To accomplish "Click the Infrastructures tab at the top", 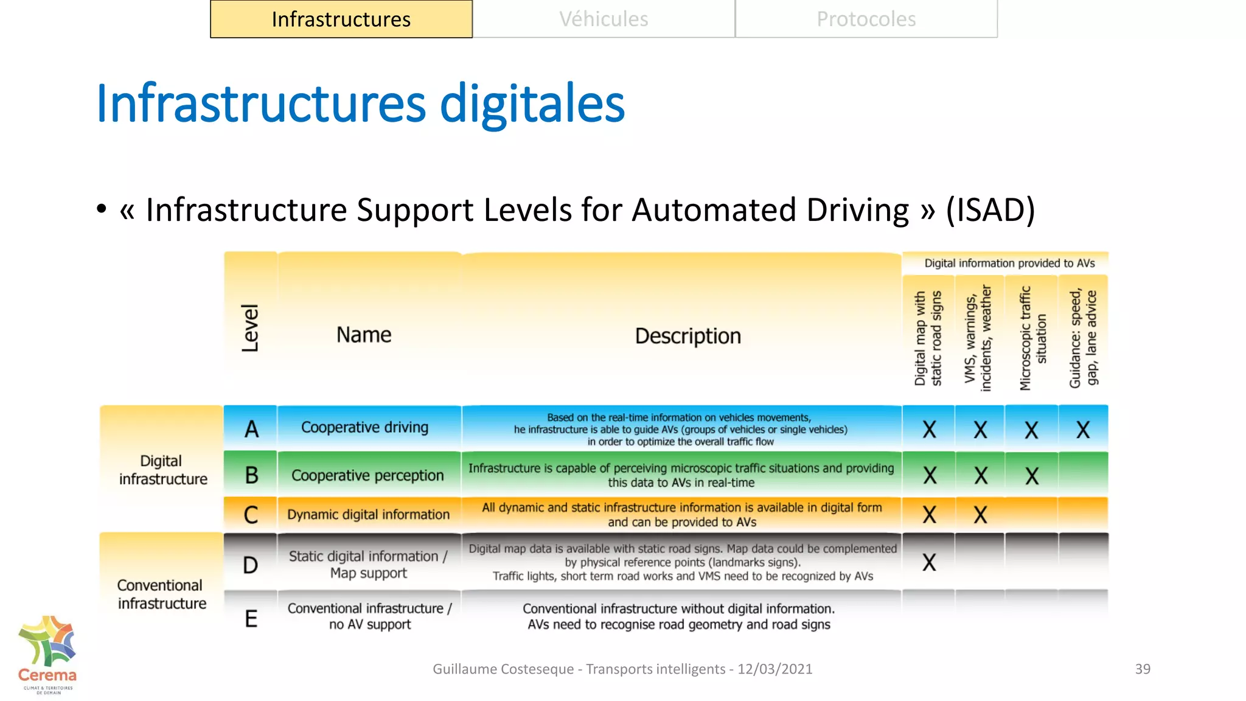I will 341,19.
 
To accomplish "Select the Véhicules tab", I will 604,19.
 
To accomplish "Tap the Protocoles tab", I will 866,19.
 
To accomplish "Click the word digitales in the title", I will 532,103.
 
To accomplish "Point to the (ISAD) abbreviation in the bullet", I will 990,210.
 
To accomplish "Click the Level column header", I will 250,329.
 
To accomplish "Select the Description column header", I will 687,336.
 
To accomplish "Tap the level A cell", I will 251,429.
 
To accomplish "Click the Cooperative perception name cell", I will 367,475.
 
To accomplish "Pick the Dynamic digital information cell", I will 368,515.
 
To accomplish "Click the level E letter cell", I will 251,619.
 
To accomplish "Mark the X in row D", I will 929,563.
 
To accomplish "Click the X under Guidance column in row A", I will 1083,430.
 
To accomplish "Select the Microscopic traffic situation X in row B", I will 1032,476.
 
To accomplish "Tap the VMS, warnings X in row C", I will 980,515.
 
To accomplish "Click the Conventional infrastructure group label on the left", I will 162,594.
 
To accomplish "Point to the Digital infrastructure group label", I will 162,470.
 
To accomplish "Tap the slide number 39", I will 1143,669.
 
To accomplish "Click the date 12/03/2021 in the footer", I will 774,669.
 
